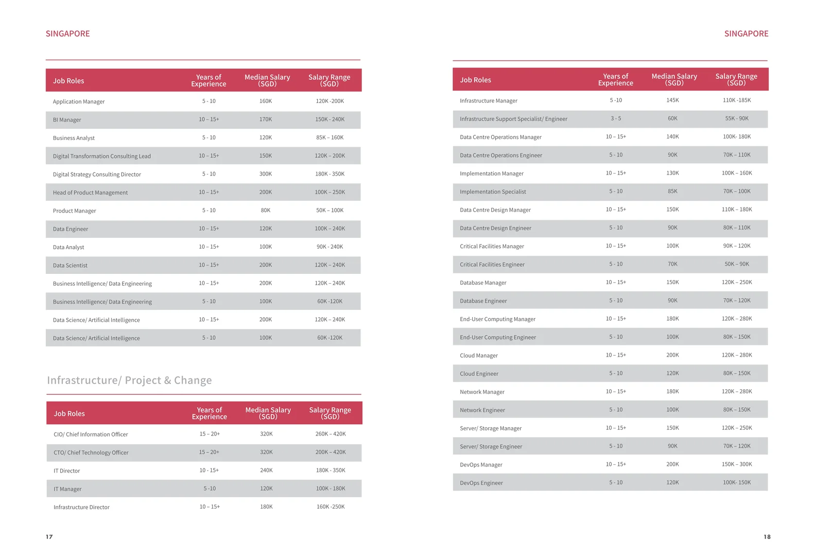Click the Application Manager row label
coord(78,101)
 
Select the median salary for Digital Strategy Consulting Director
coord(266,173)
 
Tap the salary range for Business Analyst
coord(330,137)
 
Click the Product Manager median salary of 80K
coord(266,210)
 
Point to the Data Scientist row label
coord(70,265)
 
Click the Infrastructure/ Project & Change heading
coord(129,380)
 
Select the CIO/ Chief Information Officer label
coord(91,435)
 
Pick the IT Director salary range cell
coord(331,470)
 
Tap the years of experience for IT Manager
coord(210,489)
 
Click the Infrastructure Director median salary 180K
coord(266,507)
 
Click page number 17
coord(49,537)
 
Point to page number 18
coord(767,537)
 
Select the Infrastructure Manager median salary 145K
coord(672,100)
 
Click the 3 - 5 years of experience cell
coord(616,118)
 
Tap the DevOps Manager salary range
coord(737,464)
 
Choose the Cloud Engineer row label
coord(479,374)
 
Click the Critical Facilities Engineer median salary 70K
coord(672,264)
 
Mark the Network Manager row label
coord(482,392)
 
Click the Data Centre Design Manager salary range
coord(737,210)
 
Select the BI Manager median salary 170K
coord(266,119)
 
